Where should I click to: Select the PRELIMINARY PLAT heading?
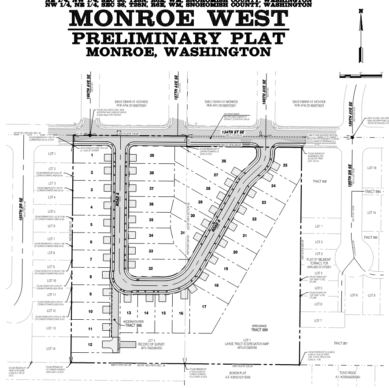[x=178, y=38]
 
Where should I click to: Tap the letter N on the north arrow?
[x=361, y=11]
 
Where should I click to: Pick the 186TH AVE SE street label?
[x=89, y=91]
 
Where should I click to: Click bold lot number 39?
[x=152, y=156]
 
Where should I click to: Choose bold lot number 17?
[x=204, y=306]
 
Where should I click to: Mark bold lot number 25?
[x=285, y=165]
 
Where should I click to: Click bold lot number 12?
[x=90, y=344]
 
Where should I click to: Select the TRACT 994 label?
[x=372, y=192]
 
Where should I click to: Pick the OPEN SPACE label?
[x=259, y=326]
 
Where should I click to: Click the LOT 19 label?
[x=372, y=168]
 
